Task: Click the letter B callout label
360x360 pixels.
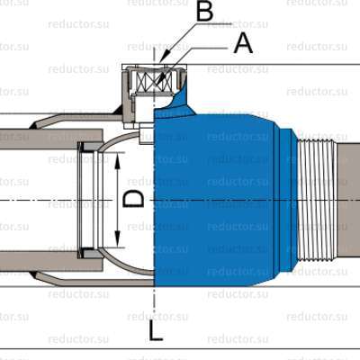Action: (x=204, y=13)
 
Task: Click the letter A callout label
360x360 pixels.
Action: (x=242, y=42)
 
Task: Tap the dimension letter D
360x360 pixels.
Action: (x=133, y=199)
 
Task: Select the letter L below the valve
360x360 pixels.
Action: (x=156, y=332)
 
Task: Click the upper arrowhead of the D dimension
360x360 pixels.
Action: (x=118, y=156)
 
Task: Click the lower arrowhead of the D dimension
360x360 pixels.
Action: (x=118, y=243)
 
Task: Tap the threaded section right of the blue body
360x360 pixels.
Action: (x=316, y=199)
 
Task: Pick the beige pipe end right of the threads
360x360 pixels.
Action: (x=348, y=199)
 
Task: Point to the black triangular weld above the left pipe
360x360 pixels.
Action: (x=117, y=112)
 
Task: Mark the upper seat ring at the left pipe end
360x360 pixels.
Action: (x=90, y=147)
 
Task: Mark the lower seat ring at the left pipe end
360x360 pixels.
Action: (x=90, y=253)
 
